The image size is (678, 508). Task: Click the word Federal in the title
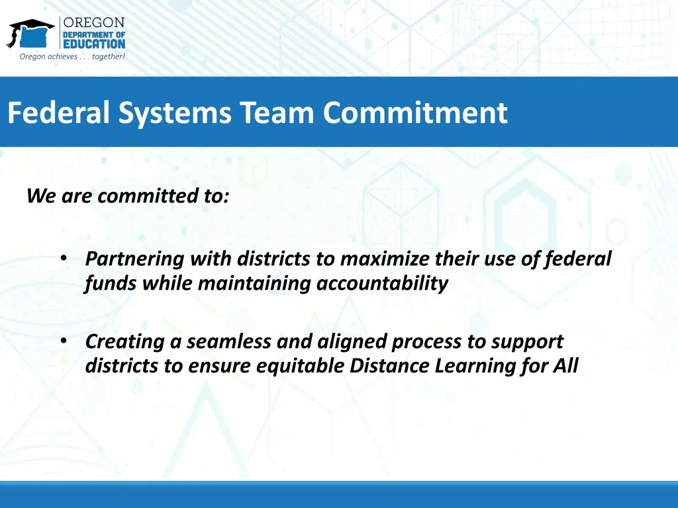pos(60,112)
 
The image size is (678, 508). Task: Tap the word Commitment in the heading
pos(415,112)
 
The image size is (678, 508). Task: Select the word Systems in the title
pos(175,112)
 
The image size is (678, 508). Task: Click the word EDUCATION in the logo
pos(93,44)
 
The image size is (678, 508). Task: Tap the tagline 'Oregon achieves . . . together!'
pos(72,57)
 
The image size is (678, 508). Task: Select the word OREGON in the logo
pos(94,22)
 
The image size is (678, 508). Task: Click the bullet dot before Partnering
pos(64,259)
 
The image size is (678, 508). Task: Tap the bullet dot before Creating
pos(64,341)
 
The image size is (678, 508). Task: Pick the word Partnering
pos(134,259)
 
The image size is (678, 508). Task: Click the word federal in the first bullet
pos(577,259)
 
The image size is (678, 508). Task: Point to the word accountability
pos(382,283)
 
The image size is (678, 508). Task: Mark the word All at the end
pos(565,366)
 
